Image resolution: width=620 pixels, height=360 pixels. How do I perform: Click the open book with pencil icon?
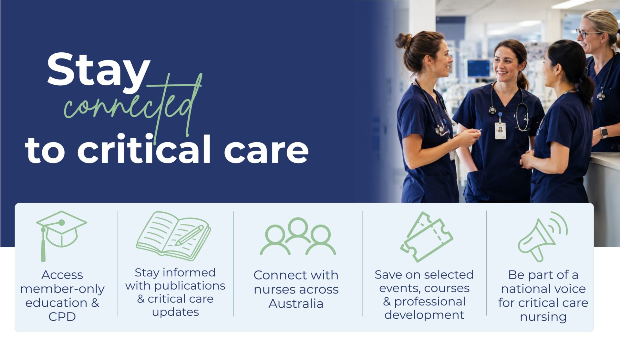(x=173, y=236)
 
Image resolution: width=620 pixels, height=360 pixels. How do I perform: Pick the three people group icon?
(x=298, y=237)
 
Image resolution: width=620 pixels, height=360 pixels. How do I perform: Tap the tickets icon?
(x=426, y=237)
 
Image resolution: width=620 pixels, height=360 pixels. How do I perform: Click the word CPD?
(x=62, y=317)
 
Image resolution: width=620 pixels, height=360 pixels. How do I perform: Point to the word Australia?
(x=296, y=304)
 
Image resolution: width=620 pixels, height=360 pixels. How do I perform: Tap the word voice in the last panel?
(x=570, y=289)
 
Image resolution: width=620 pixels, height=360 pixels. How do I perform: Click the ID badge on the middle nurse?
(x=500, y=131)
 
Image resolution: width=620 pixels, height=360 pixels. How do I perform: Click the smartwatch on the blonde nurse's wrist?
(x=603, y=132)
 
